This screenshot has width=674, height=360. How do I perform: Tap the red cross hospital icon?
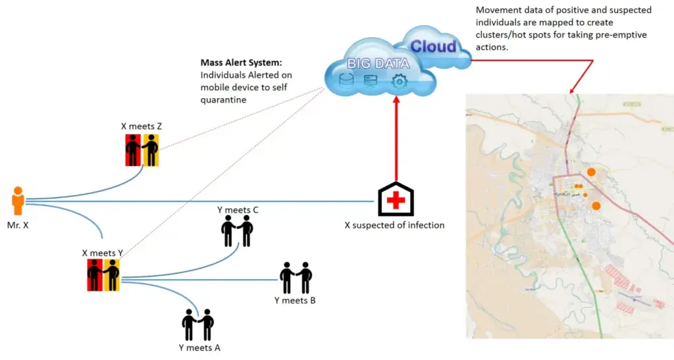click(x=395, y=199)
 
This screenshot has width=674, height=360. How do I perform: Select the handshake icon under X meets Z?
click(x=143, y=150)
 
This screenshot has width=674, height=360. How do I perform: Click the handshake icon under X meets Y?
click(x=103, y=274)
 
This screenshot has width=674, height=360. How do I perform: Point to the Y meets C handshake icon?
click(x=237, y=230)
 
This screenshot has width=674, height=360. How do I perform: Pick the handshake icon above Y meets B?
click(x=296, y=278)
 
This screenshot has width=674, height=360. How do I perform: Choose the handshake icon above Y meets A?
click(x=198, y=324)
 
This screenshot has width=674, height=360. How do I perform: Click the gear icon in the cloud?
click(x=399, y=81)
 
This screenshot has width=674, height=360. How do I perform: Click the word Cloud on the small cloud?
click(x=433, y=47)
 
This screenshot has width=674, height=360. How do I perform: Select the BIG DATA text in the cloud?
click(x=378, y=64)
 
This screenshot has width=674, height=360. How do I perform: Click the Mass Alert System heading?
click(x=241, y=63)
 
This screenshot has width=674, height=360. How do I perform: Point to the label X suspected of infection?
click(x=394, y=225)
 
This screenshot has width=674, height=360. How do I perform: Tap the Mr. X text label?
click(x=17, y=224)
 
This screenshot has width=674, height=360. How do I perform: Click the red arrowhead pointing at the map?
click(x=573, y=88)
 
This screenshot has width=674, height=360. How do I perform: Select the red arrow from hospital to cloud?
click(x=395, y=138)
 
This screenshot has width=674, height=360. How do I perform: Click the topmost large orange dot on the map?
click(x=591, y=172)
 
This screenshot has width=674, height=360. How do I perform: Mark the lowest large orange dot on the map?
click(x=596, y=206)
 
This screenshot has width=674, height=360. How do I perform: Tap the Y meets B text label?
click(x=295, y=301)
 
